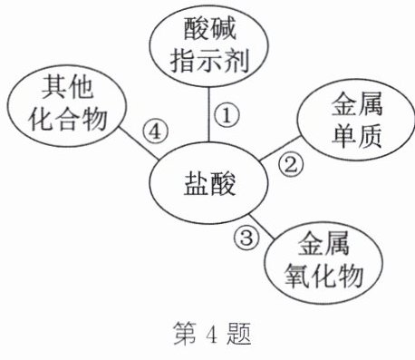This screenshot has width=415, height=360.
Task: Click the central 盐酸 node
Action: [x=209, y=183]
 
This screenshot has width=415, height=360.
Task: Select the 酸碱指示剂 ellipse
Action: [x=209, y=46]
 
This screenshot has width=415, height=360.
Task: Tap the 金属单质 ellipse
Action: [x=356, y=120]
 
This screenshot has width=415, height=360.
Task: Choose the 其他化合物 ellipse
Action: [x=66, y=105]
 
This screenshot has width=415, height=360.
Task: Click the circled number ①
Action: [x=227, y=115]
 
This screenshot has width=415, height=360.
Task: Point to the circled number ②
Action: [x=291, y=165]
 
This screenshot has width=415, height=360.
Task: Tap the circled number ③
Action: [x=246, y=238]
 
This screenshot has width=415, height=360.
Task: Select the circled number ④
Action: [x=156, y=131]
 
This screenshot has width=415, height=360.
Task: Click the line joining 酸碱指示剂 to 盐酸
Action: [x=208, y=114]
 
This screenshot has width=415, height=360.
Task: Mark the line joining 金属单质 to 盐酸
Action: [x=280, y=148]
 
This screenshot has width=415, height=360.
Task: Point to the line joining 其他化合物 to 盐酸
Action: [x=139, y=142]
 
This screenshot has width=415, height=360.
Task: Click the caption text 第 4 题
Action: [x=212, y=334]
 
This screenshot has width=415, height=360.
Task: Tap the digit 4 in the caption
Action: [x=212, y=335]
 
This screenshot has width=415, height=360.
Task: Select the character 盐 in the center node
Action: [x=196, y=183]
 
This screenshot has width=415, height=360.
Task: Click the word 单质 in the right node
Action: [x=357, y=135]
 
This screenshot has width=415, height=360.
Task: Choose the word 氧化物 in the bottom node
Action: [x=323, y=277]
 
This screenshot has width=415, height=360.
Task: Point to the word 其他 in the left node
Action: [x=67, y=88]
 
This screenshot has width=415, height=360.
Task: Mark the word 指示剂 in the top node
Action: [x=209, y=61]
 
